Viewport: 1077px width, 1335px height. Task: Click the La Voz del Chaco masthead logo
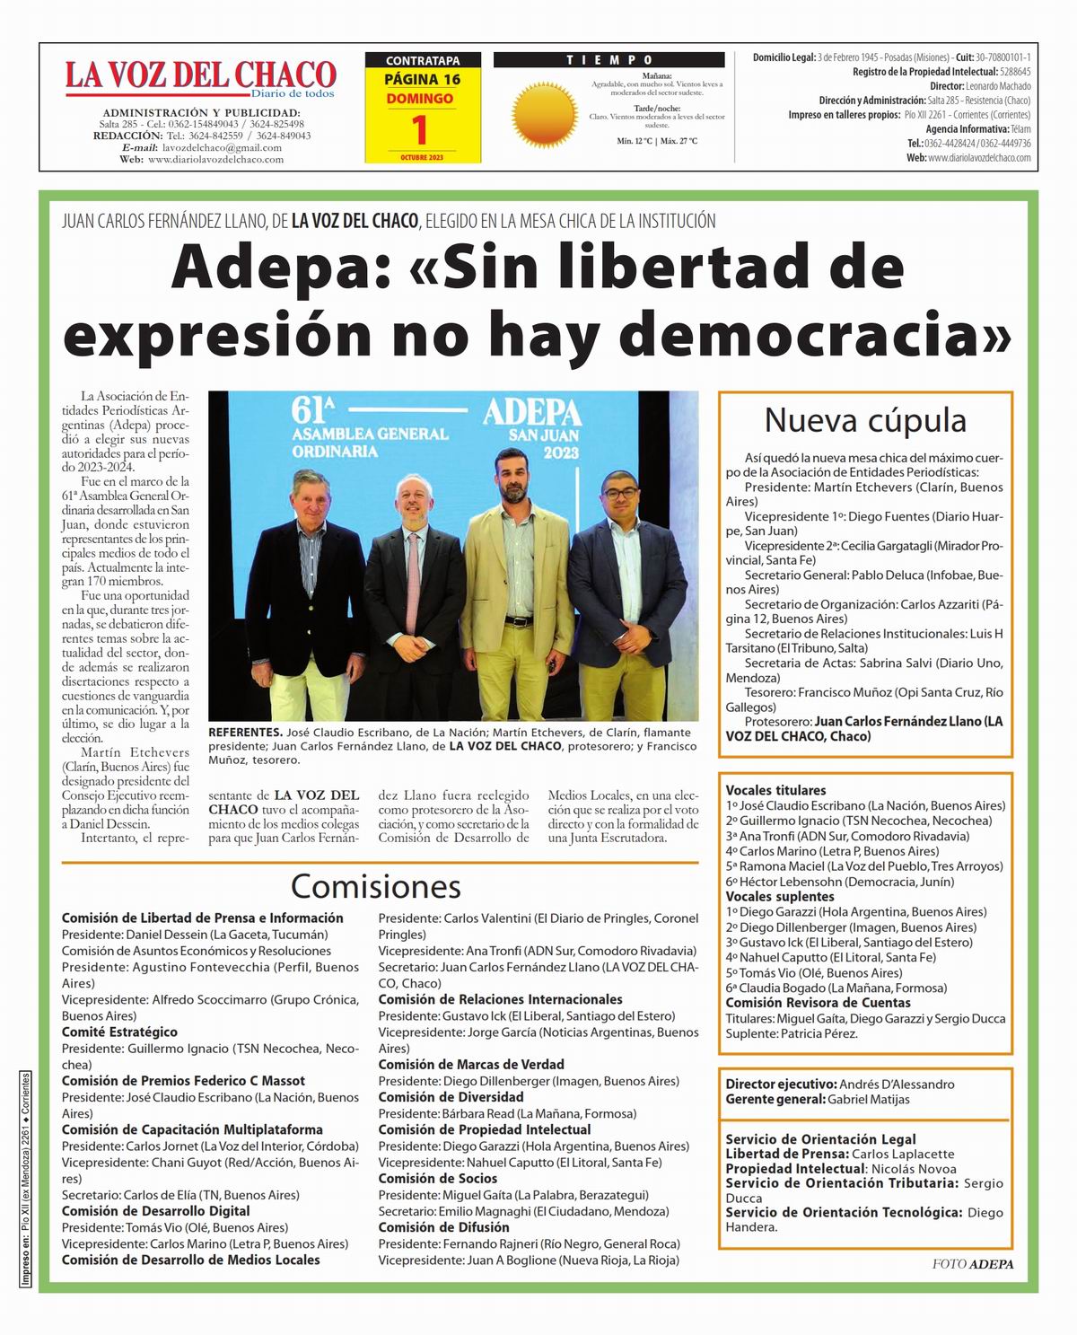[199, 75]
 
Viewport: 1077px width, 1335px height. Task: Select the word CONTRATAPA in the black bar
[423, 61]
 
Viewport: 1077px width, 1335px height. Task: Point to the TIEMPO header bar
[609, 60]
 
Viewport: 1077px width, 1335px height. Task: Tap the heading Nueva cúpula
[865, 420]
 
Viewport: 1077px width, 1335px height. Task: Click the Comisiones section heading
[375, 886]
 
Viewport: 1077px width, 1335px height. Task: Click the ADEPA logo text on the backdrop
[532, 413]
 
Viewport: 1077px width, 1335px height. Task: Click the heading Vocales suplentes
[780, 896]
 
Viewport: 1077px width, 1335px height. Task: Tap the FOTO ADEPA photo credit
[972, 1264]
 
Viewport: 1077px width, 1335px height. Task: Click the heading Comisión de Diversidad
[451, 1097]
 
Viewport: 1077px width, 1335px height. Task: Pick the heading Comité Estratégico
[119, 1032]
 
